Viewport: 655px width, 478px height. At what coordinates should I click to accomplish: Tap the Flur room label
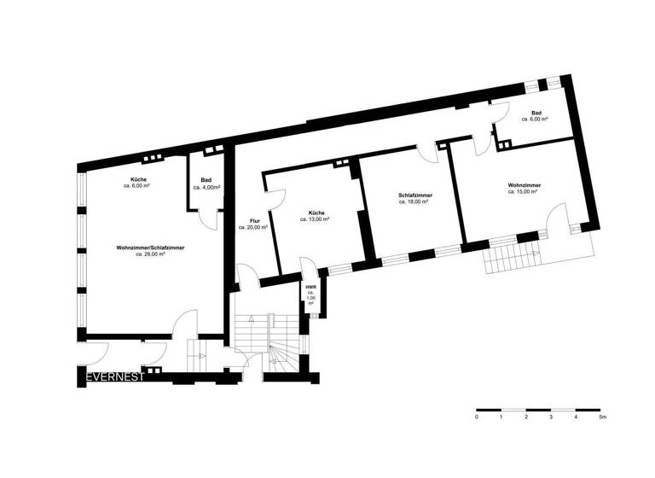tap(253, 224)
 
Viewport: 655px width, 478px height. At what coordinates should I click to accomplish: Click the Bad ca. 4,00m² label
tap(206, 183)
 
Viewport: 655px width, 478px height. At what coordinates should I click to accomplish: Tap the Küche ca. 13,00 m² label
tap(315, 216)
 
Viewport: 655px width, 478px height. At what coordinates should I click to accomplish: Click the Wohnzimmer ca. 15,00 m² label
tap(522, 188)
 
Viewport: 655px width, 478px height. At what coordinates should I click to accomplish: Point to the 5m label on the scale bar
tap(602, 417)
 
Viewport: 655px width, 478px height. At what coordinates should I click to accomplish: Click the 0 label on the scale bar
tap(477, 417)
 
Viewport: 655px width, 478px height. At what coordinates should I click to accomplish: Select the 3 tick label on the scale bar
tap(552, 417)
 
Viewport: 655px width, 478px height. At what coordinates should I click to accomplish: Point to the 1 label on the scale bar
tap(501, 417)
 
